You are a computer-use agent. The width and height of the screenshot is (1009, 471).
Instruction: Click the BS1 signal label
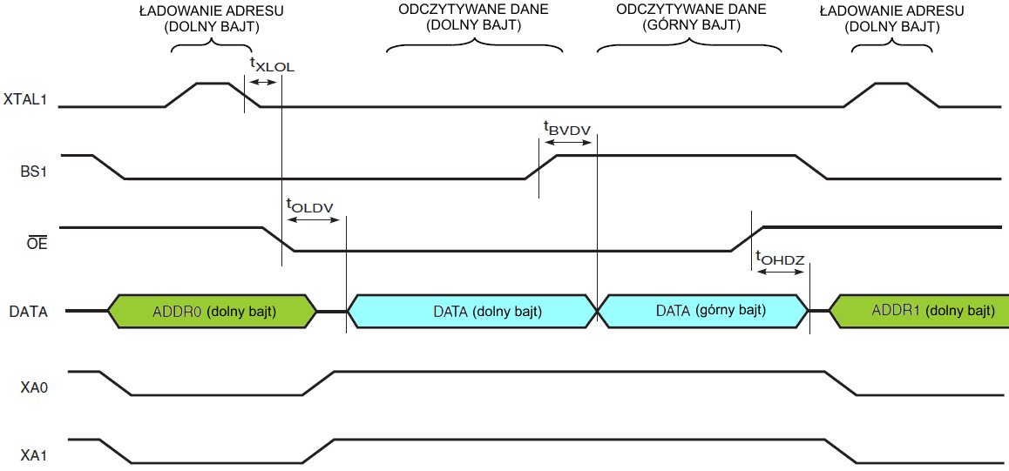(x=33, y=171)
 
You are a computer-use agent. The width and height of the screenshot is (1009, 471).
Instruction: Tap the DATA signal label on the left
(x=29, y=311)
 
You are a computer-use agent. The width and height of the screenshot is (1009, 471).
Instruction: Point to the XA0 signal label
(x=34, y=386)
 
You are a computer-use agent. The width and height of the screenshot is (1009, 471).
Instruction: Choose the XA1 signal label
(x=34, y=454)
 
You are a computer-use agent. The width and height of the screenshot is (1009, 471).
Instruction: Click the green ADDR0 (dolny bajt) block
(x=213, y=311)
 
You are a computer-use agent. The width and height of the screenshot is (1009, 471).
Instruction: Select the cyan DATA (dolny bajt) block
(x=471, y=311)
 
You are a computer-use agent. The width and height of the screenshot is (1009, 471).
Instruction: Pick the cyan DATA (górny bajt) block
(x=703, y=311)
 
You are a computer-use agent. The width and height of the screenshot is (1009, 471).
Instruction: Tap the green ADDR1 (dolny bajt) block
(x=918, y=311)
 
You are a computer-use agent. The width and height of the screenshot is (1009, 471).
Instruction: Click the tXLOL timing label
(x=272, y=64)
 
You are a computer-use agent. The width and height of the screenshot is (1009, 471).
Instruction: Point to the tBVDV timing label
(x=567, y=130)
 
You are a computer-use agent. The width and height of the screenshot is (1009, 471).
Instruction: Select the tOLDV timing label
(x=309, y=206)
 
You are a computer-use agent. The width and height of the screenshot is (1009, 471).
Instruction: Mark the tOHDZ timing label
(x=780, y=258)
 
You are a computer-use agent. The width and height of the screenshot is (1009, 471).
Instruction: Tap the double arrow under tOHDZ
(x=780, y=272)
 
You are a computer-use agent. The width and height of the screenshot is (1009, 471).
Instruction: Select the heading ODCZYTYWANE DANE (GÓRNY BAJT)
(x=691, y=17)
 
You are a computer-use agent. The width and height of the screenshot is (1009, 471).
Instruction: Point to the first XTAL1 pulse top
(x=213, y=84)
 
